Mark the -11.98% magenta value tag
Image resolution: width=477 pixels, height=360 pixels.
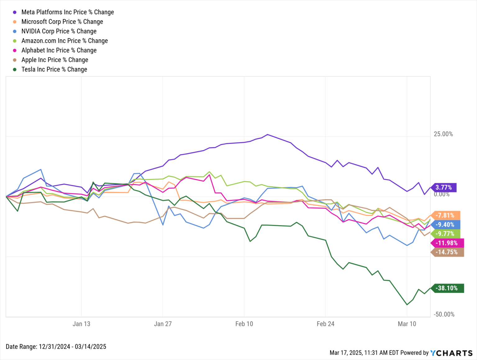pyautogui.click(x=447, y=243)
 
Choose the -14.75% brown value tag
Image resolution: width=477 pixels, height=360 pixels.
pyautogui.click(x=447, y=252)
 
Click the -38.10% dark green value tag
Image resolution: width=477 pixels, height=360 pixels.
pyautogui.click(x=447, y=288)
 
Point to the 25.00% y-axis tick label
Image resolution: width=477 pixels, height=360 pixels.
pyautogui.click(x=443, y=134)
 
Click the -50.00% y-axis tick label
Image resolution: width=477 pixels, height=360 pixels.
pyautogui.click(x=444, y=314)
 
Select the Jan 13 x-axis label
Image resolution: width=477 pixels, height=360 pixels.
pyautogui.click(x=81, y=324)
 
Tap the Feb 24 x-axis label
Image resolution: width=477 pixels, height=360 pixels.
pyautogui.click(x=325, y=324)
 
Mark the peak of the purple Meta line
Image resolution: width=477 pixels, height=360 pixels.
pyautogui.click(x=267, y=134)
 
